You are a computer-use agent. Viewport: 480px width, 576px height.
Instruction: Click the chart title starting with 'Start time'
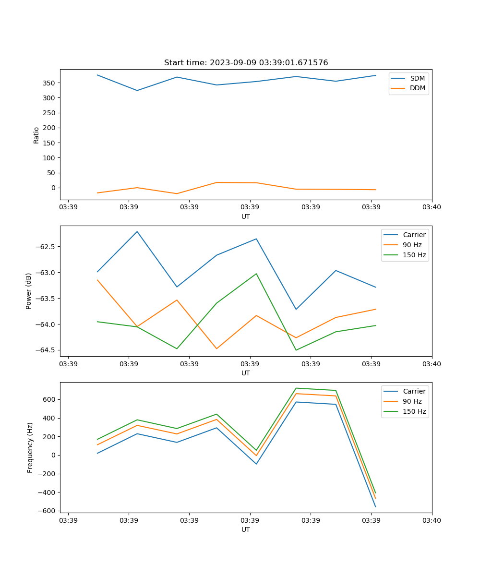pos(246,63)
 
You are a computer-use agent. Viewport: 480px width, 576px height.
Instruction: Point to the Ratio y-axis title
pos(36,135)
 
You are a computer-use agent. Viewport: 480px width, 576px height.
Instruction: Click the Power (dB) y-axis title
pos(29,291)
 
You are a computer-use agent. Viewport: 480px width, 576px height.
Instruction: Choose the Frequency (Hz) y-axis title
pos(30,447)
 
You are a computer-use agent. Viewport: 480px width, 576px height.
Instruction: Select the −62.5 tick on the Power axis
pos(46,247)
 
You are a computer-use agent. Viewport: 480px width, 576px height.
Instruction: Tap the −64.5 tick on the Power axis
pos(46,350)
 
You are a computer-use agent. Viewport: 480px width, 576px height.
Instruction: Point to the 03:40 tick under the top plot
pos(432,207)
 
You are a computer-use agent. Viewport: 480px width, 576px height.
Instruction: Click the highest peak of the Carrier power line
pos(137,231)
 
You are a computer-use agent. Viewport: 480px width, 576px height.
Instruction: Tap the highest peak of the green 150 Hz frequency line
pos(296,388)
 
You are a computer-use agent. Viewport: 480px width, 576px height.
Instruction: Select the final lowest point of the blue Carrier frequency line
pos(375,507)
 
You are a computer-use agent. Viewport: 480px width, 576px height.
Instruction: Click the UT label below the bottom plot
pos(246,529)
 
